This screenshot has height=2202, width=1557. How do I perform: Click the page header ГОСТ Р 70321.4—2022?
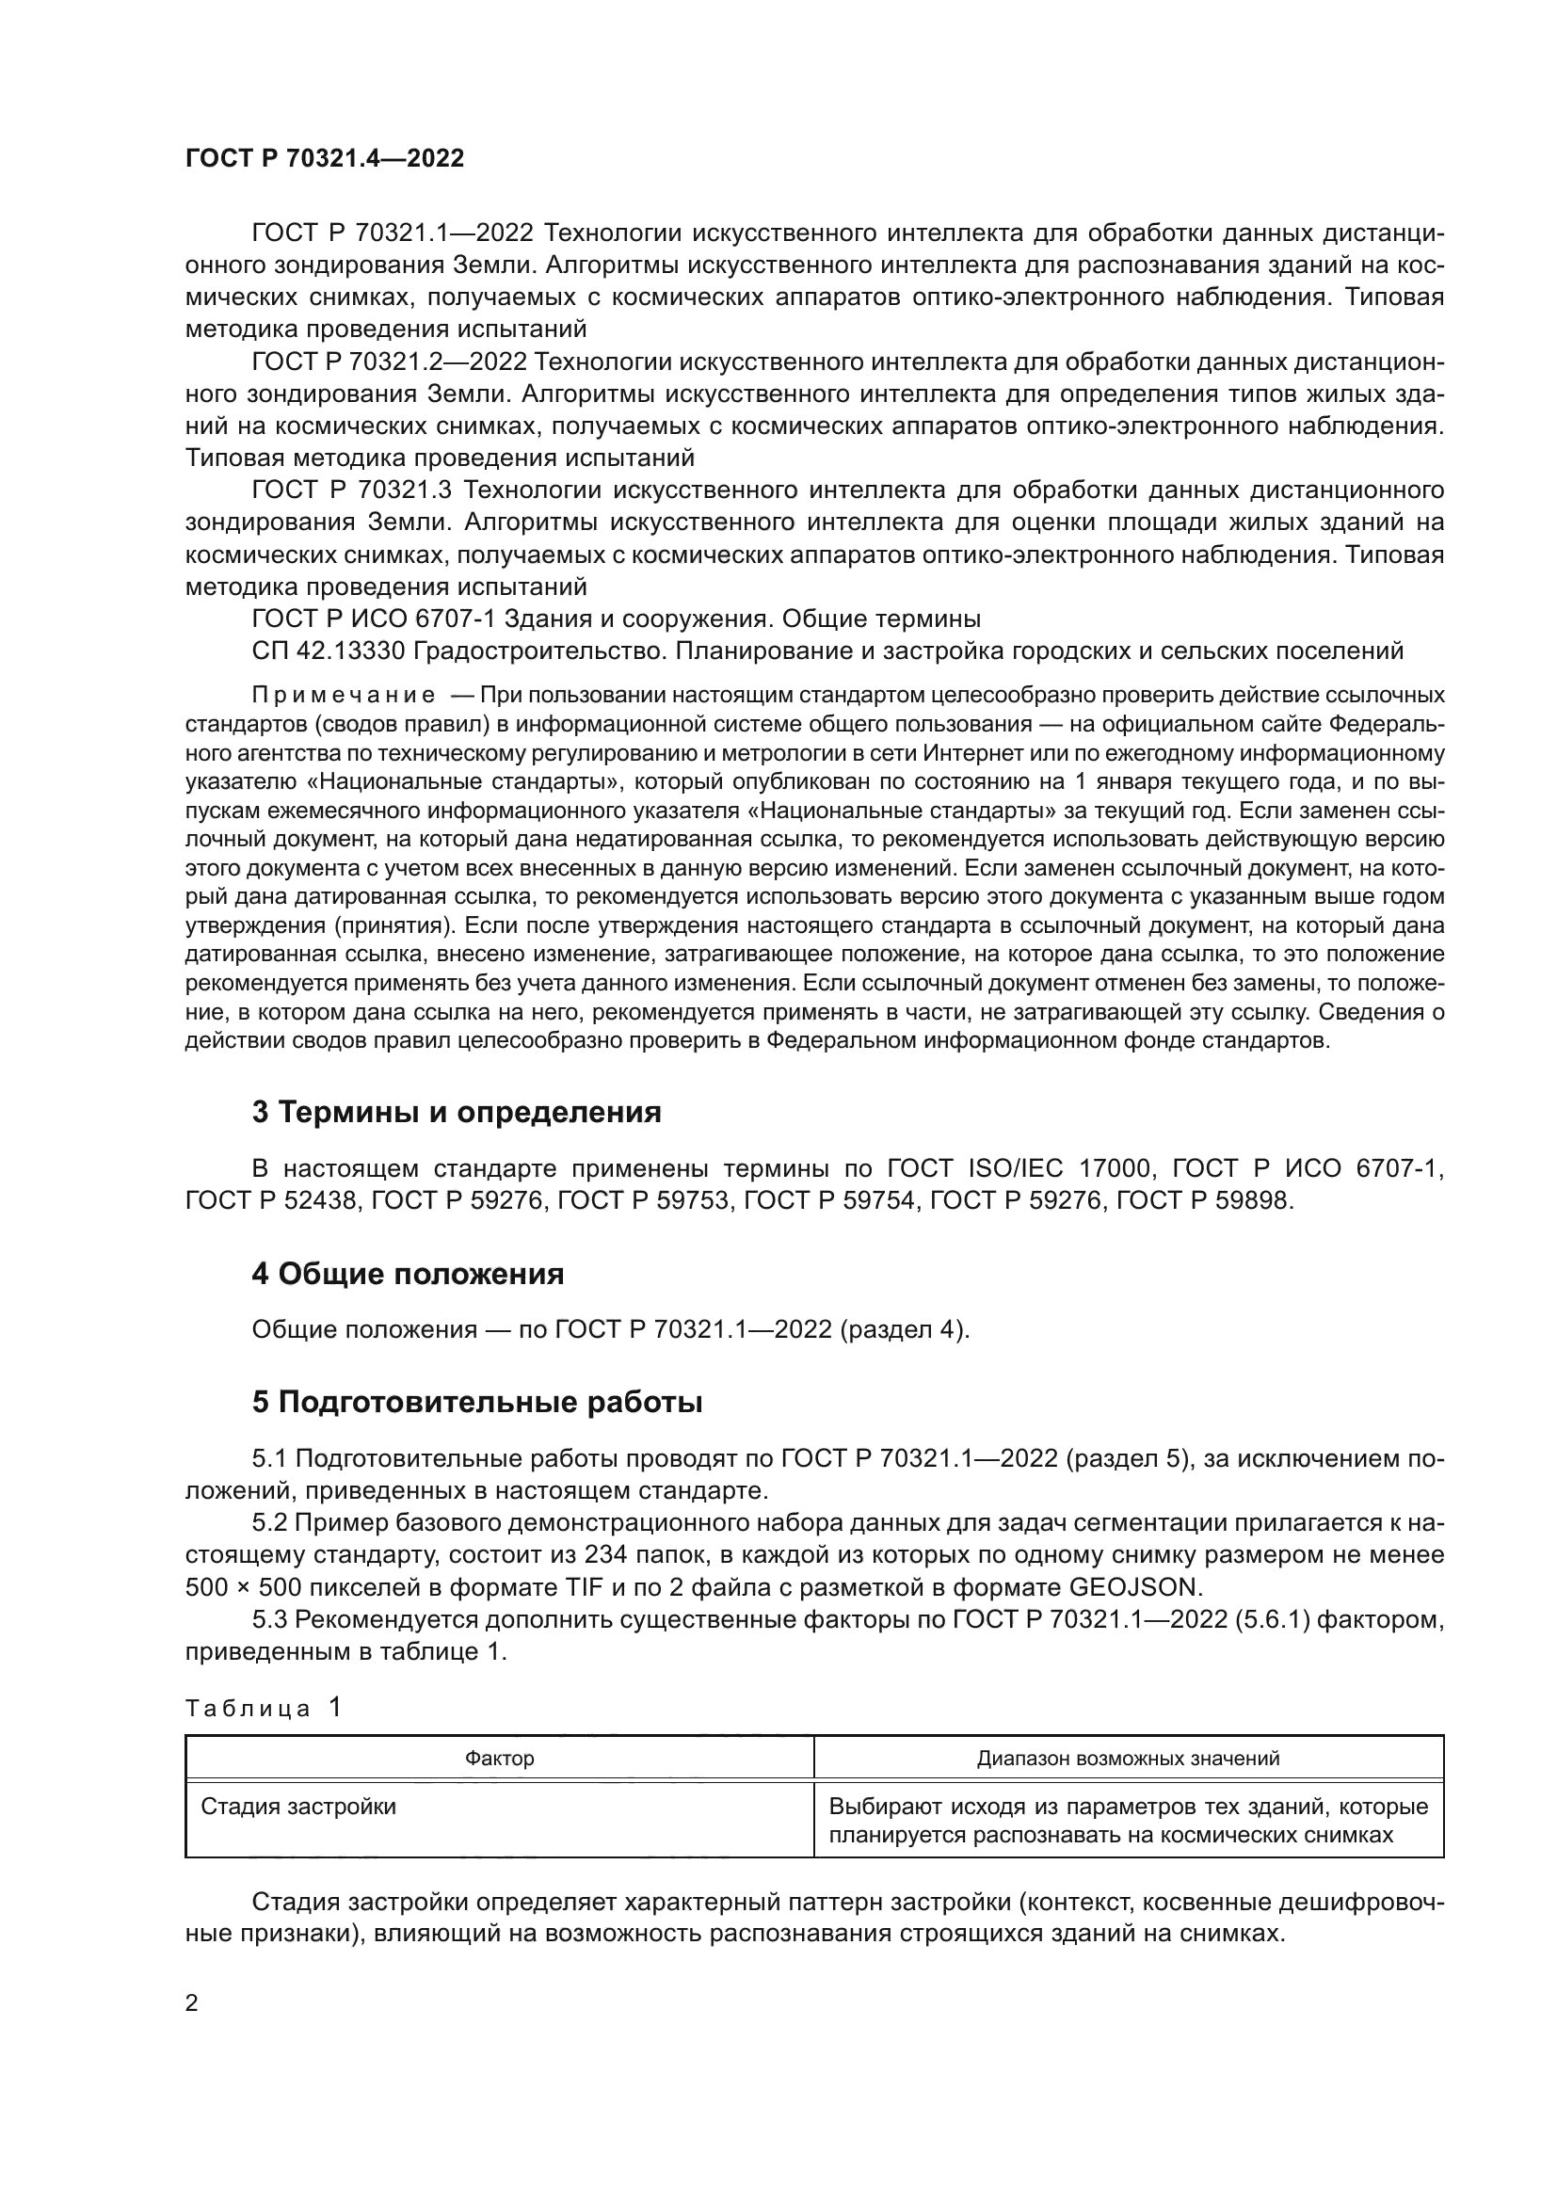(324, 158)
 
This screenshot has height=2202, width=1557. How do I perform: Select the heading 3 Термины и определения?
(457, 1112)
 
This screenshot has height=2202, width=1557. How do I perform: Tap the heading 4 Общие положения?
(408, 1274)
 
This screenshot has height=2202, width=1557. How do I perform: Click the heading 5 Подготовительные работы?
(477, 1402)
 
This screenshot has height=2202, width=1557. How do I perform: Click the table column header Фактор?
(500, 1758)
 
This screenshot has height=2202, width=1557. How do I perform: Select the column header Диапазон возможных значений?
(1129, 1758)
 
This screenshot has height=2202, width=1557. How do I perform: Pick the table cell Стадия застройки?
(298, 1807)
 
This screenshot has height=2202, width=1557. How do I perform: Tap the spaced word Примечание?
(344, 695)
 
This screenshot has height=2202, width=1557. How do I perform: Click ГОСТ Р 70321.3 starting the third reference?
(351, 490)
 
